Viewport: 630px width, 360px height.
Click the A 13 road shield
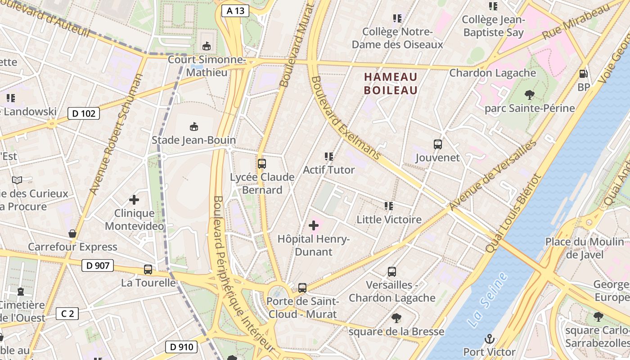[x=235, y=11]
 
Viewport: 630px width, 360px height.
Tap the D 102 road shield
[x=84, y=113]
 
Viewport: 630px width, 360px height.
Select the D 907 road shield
[x=98, y=265]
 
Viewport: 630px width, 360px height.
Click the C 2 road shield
[x=67, y=314]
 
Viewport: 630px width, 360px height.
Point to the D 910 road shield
[x=181, y=347]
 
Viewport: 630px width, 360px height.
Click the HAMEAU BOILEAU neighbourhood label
[x=391, y=84]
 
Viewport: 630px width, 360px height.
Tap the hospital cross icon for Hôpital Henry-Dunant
[x=314, y=225]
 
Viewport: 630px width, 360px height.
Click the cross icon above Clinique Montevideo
[x=134, y=199]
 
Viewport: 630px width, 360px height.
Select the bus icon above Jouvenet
[x=438, y=144]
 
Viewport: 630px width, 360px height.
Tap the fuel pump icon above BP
[x=583, y=74]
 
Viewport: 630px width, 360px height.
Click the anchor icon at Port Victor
[x=489, y=338]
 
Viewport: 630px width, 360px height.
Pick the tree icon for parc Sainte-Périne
[x=530, y=94]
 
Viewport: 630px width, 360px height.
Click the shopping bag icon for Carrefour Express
[x=72, y=234]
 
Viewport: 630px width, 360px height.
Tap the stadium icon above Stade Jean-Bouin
[x=193, y=126]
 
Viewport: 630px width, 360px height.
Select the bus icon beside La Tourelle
[x=148, y=270]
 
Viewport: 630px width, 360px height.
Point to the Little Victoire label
[x=389, y=220]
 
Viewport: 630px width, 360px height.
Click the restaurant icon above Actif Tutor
[x=329, y=157]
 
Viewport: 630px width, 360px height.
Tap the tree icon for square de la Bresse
[x=396, y=318]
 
